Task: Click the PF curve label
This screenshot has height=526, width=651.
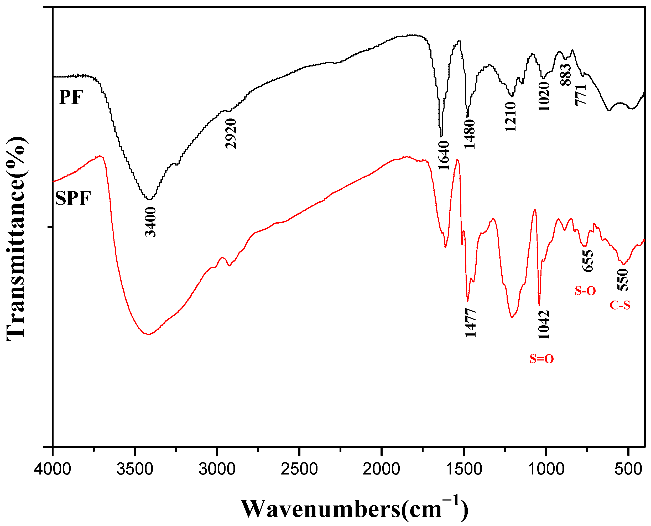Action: [71, 97]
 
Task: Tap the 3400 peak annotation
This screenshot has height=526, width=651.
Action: [150, 222]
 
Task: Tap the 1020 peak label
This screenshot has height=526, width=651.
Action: [544, 96]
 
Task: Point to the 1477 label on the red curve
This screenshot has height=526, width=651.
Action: [471, 323]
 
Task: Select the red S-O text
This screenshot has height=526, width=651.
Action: [585, 291]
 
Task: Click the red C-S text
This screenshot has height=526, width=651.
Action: [620, 305]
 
